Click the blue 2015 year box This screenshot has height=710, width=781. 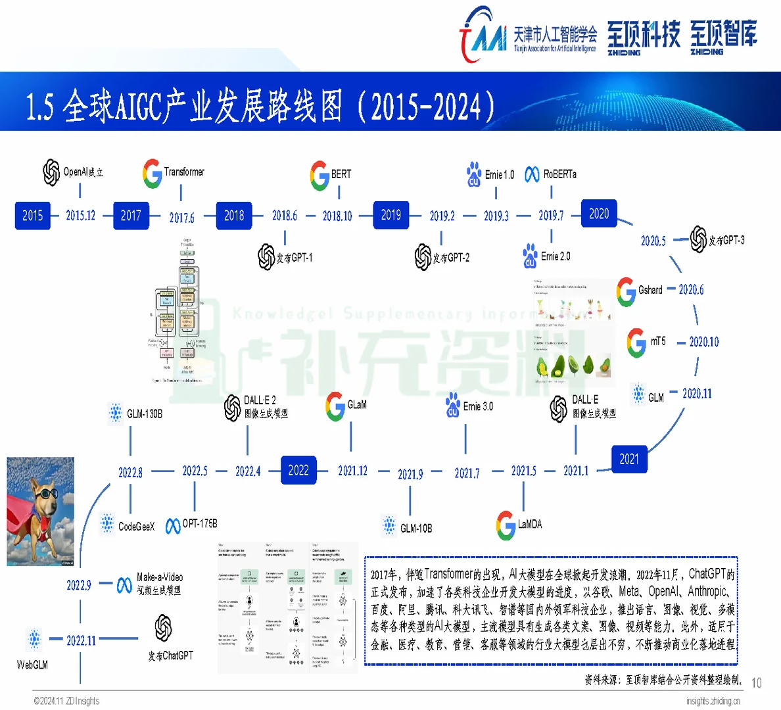(32, 215)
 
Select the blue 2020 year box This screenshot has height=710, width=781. (598, 214)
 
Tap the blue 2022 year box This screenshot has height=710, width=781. (298, 470)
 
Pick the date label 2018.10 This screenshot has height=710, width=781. (337, 216)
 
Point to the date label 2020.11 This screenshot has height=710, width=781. (697, 394)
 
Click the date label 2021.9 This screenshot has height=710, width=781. (410, 474)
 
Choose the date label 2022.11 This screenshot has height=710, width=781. (81, 640)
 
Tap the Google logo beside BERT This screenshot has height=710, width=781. (319, 175)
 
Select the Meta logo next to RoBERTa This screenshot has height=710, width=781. (532, 174)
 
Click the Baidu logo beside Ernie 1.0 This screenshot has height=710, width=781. (474, 175)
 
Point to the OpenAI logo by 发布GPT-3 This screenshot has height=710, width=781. (698, 240)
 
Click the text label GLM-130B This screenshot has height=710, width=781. (145, 414)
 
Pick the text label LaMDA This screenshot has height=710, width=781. (530, 524)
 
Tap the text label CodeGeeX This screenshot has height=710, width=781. (136, 526)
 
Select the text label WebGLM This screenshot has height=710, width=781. (32, 665)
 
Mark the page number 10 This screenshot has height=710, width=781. (757, 683)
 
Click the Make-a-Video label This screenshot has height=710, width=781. (159, 577)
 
